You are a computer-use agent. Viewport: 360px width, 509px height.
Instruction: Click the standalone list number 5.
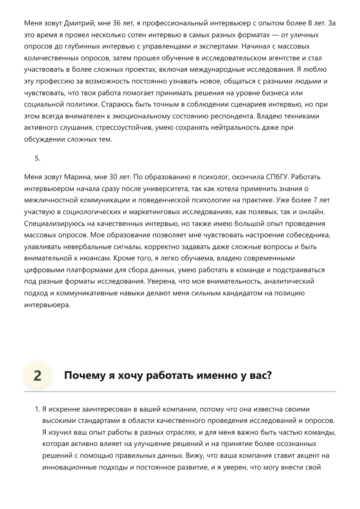(x=37, y=158)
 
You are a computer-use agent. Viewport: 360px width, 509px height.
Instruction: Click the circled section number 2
(x=37, y=375)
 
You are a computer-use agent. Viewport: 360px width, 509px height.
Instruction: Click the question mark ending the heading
(x=269, y=375)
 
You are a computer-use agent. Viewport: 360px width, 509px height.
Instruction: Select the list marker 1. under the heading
(x=37, y=409)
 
